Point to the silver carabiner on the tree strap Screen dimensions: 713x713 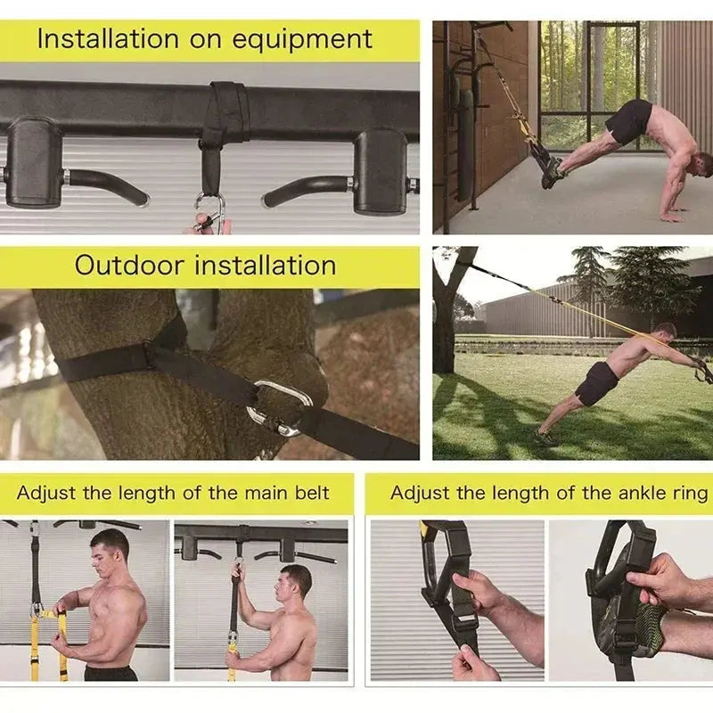(x=279, y=408)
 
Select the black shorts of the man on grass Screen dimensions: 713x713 (x=596, y=383)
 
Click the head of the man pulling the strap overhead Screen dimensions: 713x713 (x=295, y=583)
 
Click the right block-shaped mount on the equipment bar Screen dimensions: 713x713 (x=381, y=169)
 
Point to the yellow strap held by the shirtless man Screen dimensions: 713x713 (x=36, y=642)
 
